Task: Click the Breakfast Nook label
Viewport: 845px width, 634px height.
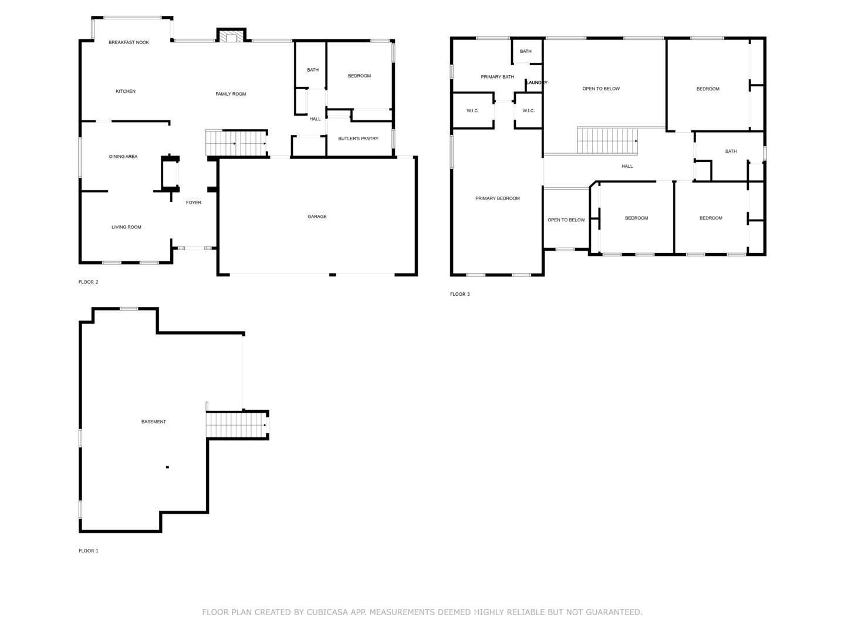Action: (x=129, y=42)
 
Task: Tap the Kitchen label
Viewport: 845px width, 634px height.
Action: (x=126, y=91)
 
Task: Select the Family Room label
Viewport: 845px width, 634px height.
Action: (x=231, y=94)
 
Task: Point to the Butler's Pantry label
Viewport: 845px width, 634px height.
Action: (x=358, y=139)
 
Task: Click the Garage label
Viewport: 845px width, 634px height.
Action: (x=317, y=217)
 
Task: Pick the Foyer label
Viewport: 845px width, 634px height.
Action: (x=194, y=203)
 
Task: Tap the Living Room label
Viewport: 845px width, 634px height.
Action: (x=126, y=227)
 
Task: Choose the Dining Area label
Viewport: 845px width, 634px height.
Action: (x=123, y=157)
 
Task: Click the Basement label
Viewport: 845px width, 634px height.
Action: (x=154, y=421)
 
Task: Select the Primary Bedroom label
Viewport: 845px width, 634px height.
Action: (x=498, y=198)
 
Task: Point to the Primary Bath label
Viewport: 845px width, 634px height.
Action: (x=497, y=77)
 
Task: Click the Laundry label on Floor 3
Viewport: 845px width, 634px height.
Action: (x=536, y=83)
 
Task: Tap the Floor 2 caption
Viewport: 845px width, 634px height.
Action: (x=89, y=282)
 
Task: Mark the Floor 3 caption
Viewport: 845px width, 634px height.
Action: (x=460, y=294)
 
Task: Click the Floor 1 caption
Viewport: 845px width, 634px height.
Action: (x=89, y=551)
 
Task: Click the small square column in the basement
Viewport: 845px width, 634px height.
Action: (x=167, y=467)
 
